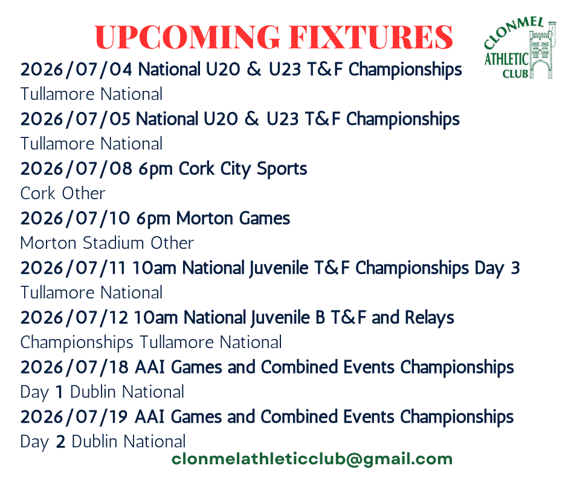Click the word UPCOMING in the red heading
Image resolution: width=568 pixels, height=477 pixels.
coord(187,37)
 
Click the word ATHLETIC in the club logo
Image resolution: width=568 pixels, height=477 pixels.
coord(506,59)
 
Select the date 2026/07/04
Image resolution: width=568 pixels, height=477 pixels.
coord(76,69)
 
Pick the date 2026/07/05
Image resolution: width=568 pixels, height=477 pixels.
coord(76,119)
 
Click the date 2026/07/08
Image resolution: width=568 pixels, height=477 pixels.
coord(76,168)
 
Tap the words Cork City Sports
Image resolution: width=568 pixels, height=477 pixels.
coord(243,169)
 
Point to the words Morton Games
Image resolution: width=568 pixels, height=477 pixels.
coord(233,218)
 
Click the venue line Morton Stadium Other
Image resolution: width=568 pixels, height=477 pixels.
coord(107,243)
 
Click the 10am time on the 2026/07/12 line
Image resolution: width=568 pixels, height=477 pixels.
coord(156,318)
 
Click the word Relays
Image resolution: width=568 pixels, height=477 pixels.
coord(429,318)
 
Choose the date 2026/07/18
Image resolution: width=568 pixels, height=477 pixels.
coord(74,367)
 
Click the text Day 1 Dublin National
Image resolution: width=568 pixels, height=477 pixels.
coord(102,392)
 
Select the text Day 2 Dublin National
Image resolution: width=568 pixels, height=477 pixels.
coord(103,442)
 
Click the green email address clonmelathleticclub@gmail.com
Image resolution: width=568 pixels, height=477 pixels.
coord(312,459)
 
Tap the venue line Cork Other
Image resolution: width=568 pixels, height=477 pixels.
coord(63,193)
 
